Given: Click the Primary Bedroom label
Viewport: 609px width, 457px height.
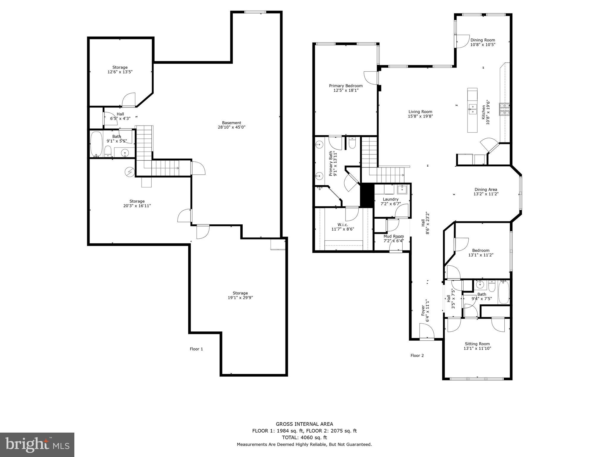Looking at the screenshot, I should pos(346,86).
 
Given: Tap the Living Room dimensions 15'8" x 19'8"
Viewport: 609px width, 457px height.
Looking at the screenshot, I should pos(420,116).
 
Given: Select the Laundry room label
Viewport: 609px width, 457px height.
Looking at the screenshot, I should pos(390,199).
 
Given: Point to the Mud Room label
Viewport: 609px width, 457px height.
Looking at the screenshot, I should pos(393,236).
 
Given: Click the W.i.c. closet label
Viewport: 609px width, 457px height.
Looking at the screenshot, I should pos(343,225).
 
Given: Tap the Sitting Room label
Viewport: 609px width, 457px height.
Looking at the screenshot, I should pos(477,344).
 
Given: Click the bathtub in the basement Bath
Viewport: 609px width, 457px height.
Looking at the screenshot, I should pos(96,144).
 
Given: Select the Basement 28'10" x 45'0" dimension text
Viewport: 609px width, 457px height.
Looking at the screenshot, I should pos(231,127).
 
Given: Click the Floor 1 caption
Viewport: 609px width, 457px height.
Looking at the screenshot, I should pos(196,349).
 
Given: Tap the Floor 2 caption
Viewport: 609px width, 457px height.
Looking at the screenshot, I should pos(417,355).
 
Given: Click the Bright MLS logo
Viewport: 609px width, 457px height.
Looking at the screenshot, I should pos(37,445).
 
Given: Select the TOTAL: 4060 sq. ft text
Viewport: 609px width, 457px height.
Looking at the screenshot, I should pos(304,437).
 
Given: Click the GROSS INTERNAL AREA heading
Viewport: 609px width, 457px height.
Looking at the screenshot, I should pos(304,424).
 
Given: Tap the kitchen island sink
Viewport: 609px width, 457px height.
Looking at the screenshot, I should pos(472,109).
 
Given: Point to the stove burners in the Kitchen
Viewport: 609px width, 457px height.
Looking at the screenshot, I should pos(504,109).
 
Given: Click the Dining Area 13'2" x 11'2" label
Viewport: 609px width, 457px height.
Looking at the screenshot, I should pos(486,192).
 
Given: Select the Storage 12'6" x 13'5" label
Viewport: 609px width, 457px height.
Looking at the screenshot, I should pos(120,70).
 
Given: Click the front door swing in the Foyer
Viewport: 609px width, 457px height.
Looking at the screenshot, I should pos(426,331).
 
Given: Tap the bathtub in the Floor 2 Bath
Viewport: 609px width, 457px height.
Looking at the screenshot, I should pos(504,292).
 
